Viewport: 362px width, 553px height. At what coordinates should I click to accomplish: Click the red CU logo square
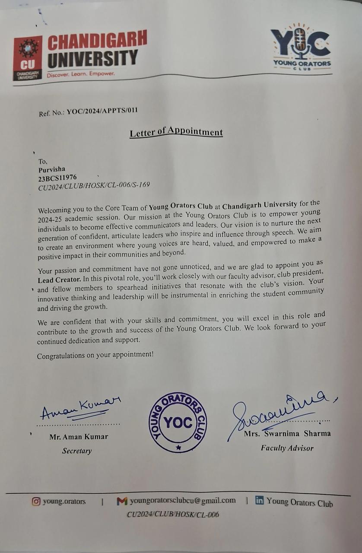coord(28,57)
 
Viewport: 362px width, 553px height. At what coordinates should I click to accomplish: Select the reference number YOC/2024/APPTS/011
coord(102,111)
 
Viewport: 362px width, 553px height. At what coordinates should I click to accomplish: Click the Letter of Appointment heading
coord(176,132)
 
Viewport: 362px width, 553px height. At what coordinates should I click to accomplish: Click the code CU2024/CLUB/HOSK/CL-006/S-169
coord(94,185)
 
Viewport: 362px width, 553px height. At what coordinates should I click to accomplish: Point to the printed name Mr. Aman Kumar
coord(79,437)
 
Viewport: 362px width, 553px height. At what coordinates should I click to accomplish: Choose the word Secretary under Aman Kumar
coord(77,451)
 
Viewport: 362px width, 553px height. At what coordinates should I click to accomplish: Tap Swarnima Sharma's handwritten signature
coord(276,410)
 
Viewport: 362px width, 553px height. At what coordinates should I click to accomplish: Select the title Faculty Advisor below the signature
coord(287,448)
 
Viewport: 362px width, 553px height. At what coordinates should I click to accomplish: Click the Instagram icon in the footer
coord(36,502)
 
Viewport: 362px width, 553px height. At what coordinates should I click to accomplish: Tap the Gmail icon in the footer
coord(122,501)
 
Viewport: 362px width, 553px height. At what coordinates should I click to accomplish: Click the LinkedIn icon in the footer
coord(259,501)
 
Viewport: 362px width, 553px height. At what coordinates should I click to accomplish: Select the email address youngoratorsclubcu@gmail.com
coord(183,501)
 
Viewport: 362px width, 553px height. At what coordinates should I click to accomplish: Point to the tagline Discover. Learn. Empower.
coord(81,74)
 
